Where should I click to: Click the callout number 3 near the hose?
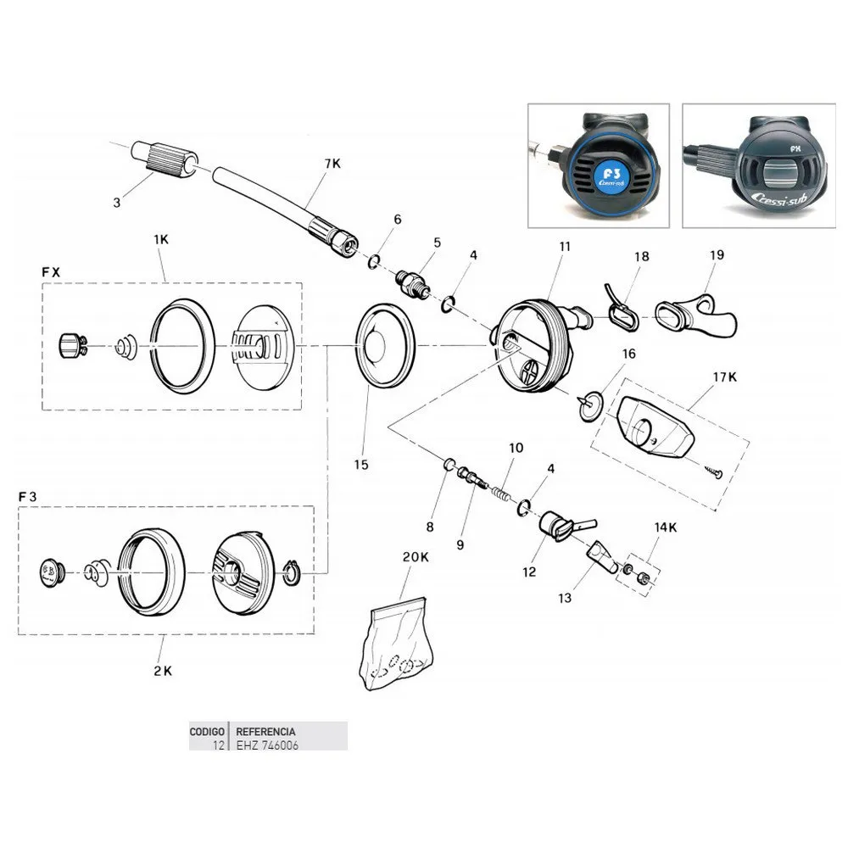point(117,202)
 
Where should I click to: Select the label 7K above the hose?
point(332,163)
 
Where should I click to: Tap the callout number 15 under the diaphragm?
point(362,465)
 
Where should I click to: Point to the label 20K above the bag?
point(415,557)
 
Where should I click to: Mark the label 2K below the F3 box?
point(163,670)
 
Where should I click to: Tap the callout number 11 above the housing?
point(565,247)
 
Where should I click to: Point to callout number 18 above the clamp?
point(640,255)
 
